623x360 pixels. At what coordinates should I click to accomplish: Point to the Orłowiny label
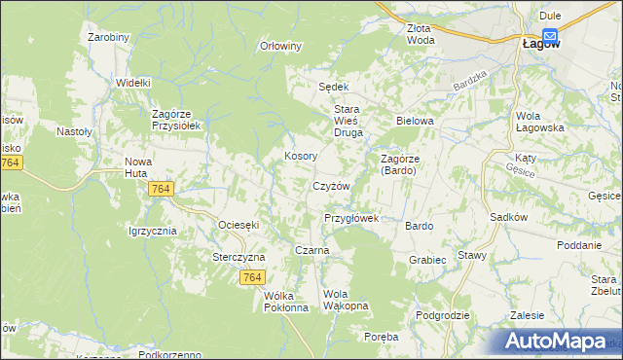pos(282,46)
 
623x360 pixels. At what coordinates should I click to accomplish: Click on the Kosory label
pos(298,156)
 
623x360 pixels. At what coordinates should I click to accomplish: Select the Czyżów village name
pos(330,186)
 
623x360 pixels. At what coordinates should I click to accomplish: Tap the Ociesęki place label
pos(238,225)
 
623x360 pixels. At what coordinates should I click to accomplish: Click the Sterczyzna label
pos(239,257)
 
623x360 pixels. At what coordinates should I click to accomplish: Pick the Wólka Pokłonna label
pos(286,302)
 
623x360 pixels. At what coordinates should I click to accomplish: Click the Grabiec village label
pos(427,260)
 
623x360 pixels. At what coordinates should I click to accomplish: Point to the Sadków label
pos(509,218)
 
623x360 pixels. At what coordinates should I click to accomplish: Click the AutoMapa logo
pos(561,342)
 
